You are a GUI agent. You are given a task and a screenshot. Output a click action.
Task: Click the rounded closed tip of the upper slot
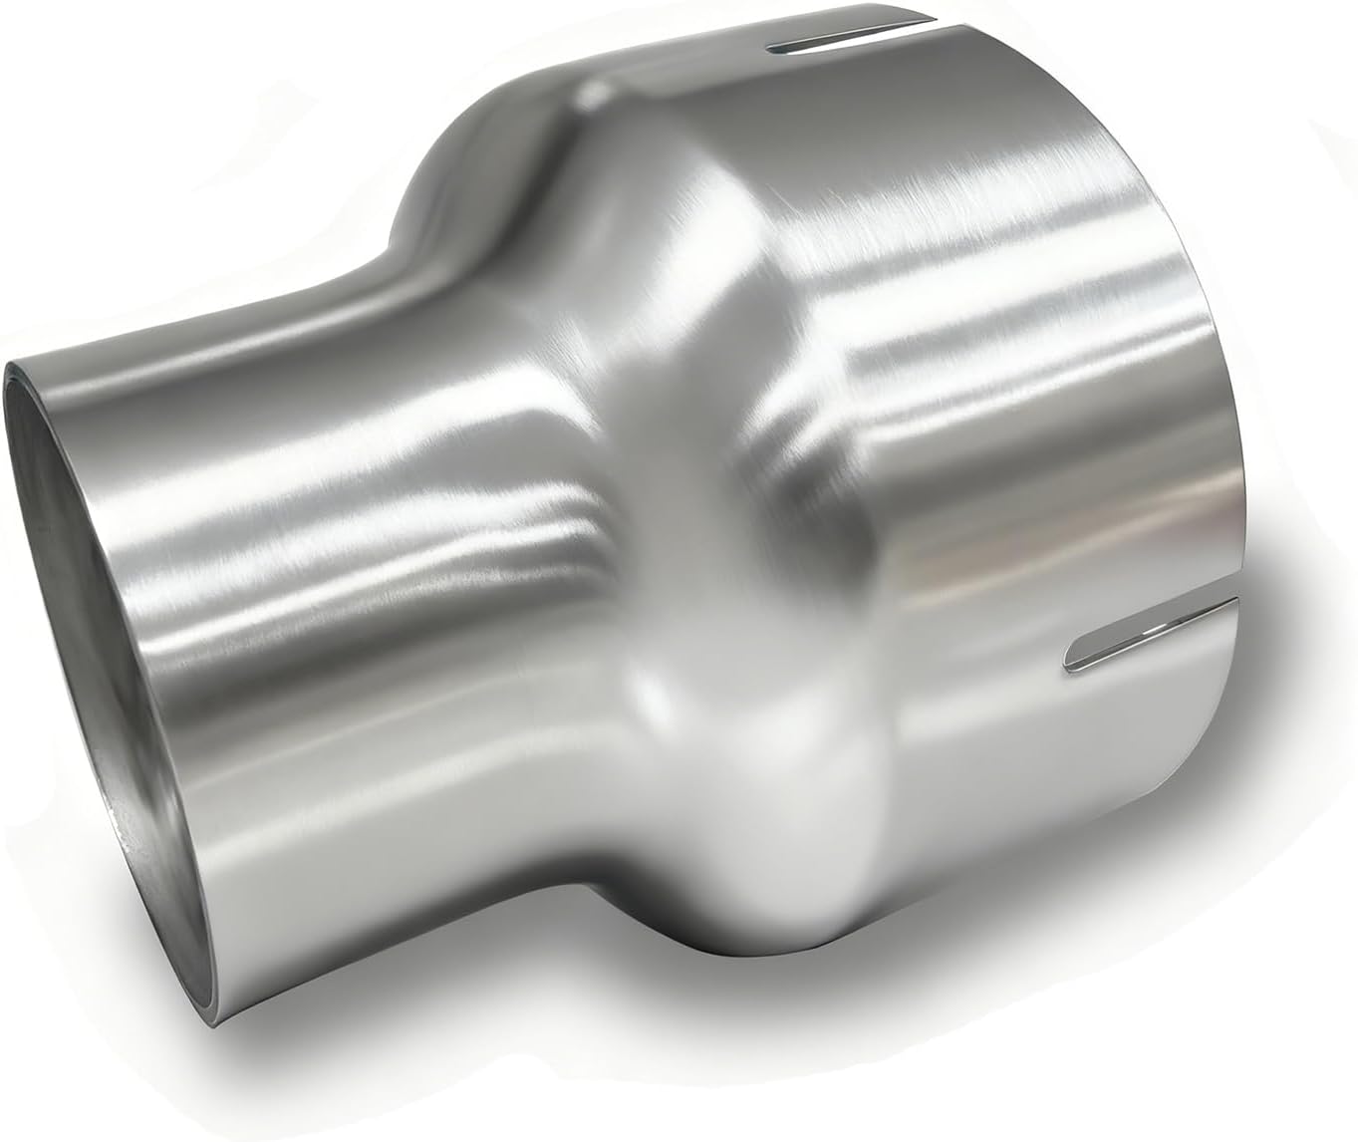[x=772, y=44]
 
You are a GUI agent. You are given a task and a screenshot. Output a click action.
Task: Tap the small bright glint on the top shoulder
[x=596, y=95]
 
